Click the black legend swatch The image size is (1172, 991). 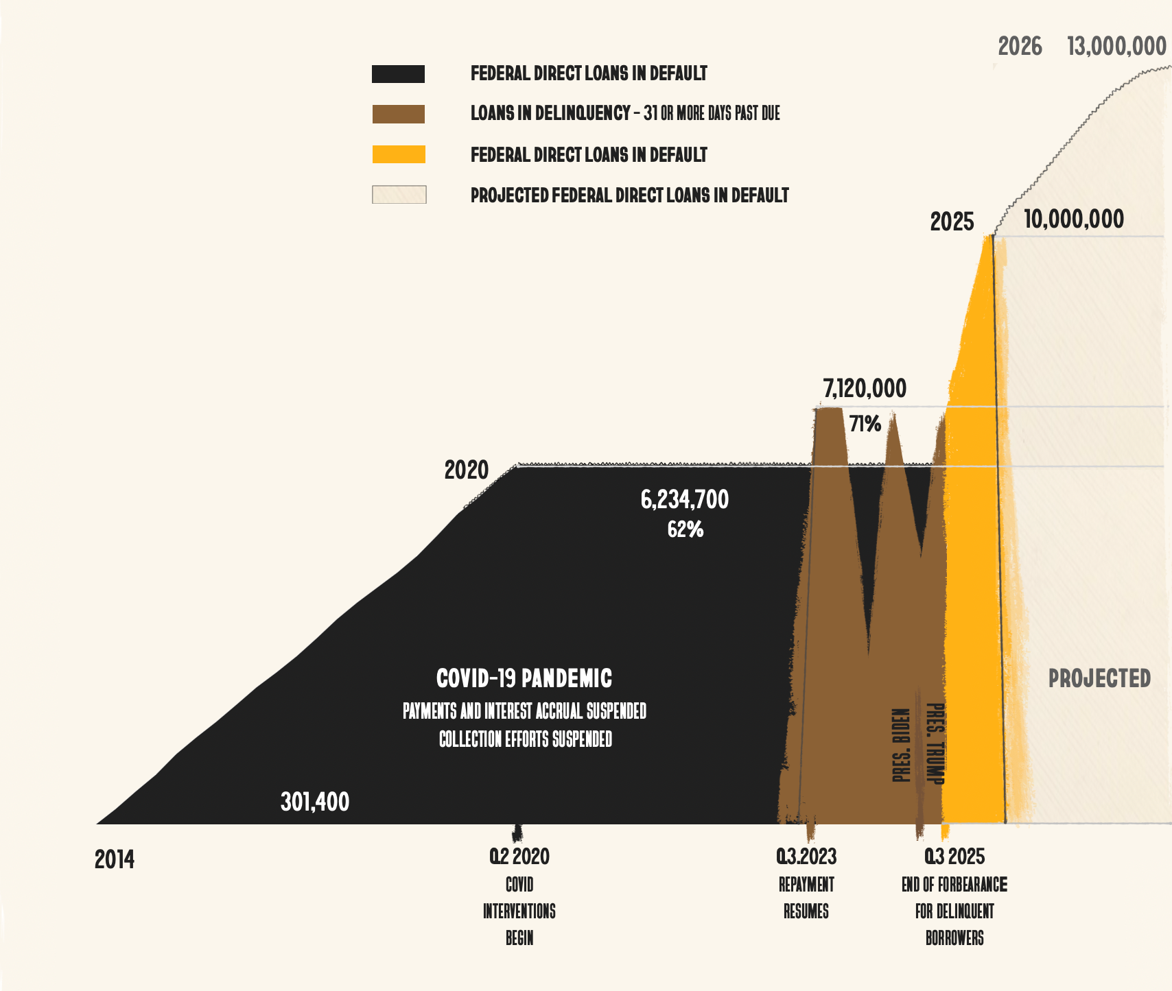coord(398,74)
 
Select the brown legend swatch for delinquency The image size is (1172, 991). coord(398,114)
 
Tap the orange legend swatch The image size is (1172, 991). coord(399,154)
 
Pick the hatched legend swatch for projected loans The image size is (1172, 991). coord(399,195)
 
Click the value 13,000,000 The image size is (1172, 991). coord(1116,47)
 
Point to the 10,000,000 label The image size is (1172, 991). coord(1074,219)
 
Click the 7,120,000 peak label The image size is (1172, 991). coord(865,389)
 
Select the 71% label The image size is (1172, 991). coord(865,424)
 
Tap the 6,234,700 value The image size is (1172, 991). coord(685,499)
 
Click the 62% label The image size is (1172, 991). coord(685,529)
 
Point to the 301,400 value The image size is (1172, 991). coord(315,802)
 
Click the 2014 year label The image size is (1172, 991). coord(115,859)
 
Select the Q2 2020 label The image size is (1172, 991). coord(519,857)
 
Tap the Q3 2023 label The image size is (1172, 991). coord(806,857)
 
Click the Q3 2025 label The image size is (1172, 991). coord(954,857)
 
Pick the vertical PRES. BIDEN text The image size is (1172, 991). coord(901,745)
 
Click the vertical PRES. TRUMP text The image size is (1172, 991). coord(935,743)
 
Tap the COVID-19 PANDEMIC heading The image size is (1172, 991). coord(524,678)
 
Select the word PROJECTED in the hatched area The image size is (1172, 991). coord(1099,678)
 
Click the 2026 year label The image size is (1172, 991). coord(1020,47)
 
